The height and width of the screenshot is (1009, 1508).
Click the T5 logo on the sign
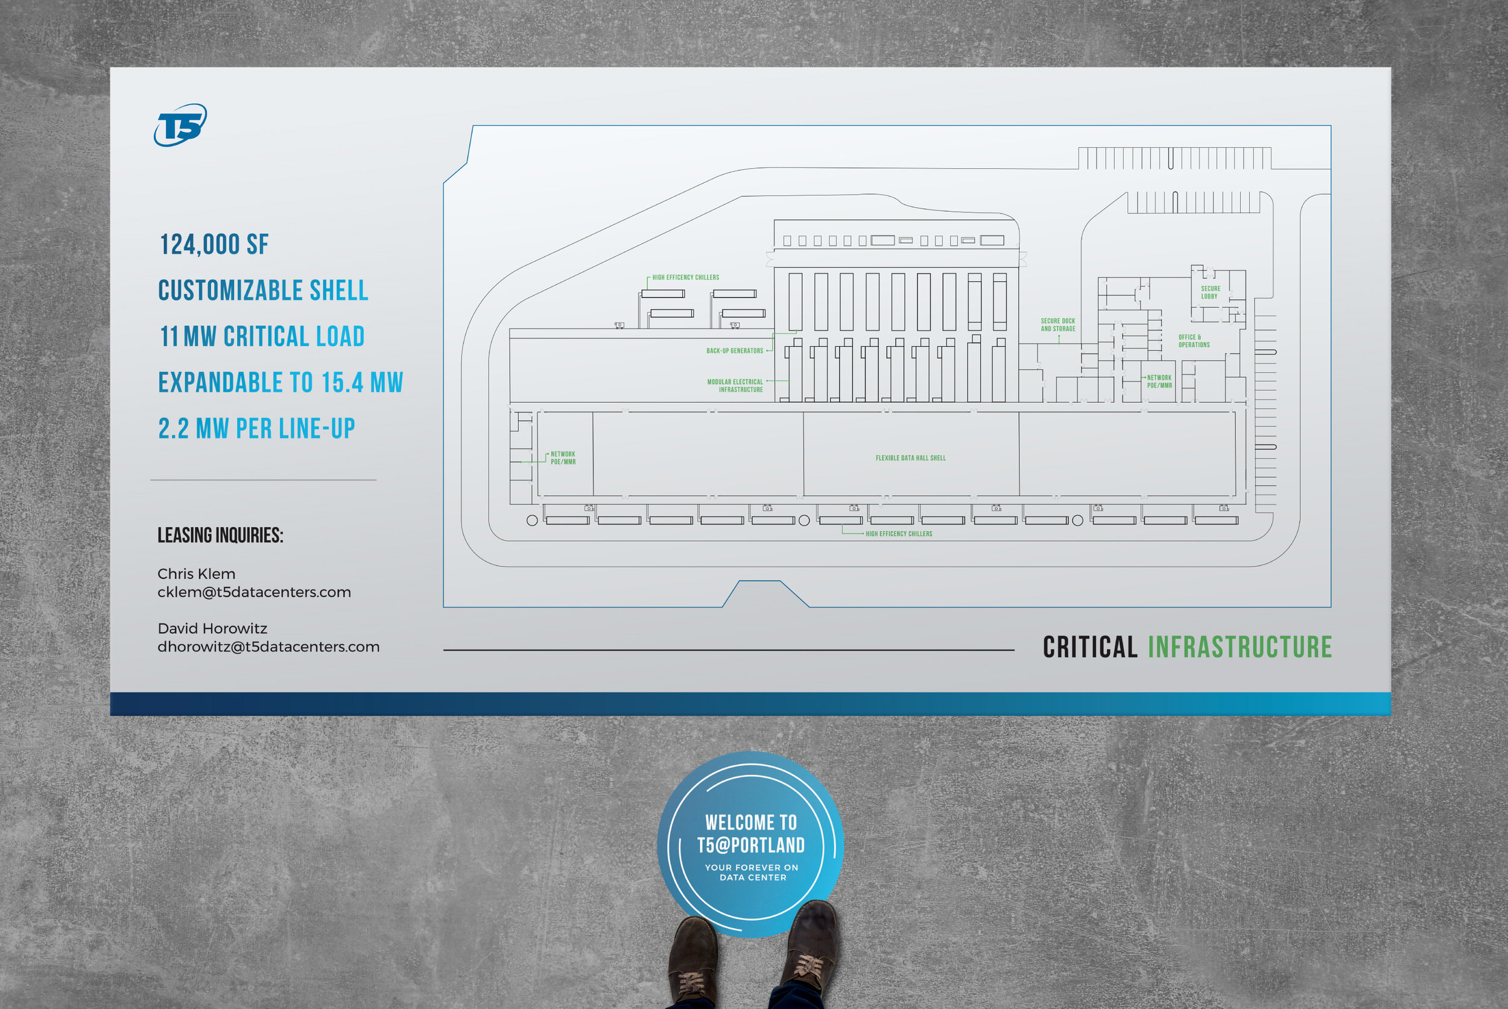tap(180, 125)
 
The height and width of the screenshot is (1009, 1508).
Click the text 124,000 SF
tap(214, 244)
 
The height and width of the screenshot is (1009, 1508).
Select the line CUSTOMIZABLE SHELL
tap(262, 290)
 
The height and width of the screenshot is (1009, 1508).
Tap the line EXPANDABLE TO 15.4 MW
tap(280, 382)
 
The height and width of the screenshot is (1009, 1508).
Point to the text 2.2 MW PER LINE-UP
tap(256, 429)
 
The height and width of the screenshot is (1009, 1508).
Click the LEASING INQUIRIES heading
tap(220, 536)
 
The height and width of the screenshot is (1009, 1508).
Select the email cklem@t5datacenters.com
tap(254, 592)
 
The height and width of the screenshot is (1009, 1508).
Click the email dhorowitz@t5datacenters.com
tap(268, 647)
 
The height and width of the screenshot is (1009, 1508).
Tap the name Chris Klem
tap(196, 574)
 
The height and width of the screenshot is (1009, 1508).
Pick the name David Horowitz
tap(212, 628)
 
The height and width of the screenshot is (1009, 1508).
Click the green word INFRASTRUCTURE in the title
tap(1240, 647)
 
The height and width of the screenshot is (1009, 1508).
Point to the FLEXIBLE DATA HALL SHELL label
tap(910, 458)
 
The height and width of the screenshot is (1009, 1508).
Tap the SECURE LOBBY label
tap(1210, 292)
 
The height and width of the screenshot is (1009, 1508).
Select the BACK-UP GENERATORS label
tap(734, 350)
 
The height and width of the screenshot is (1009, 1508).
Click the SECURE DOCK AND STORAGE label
tap(1057, 324)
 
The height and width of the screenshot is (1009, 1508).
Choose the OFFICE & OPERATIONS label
tap(1193, 341)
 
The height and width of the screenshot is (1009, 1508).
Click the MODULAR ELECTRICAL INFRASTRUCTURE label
tap(735, 385)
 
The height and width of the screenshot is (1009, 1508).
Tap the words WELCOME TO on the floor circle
tap(750, 823)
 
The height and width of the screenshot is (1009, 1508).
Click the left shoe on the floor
tap(692, 959)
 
